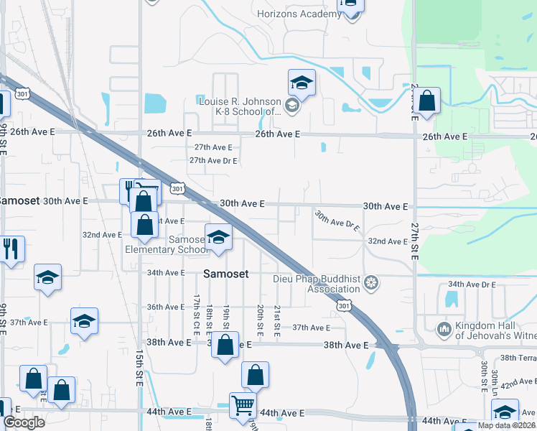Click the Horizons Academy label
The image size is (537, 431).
(x=298, y=14)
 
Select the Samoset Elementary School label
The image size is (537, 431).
(x=167, y=244)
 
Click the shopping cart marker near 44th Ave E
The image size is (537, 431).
(x=243, y=406)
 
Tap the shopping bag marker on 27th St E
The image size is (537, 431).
(x=426, y=103)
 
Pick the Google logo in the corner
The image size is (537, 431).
(x=24, y=422)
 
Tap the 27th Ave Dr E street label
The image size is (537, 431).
(x=213, y=160)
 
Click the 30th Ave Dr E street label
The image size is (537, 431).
(x=336, y=219)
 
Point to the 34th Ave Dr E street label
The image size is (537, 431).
(x=472, y=284)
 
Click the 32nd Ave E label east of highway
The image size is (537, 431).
(x=388, y=241)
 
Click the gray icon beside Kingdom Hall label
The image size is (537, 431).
(x=443, y=330)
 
